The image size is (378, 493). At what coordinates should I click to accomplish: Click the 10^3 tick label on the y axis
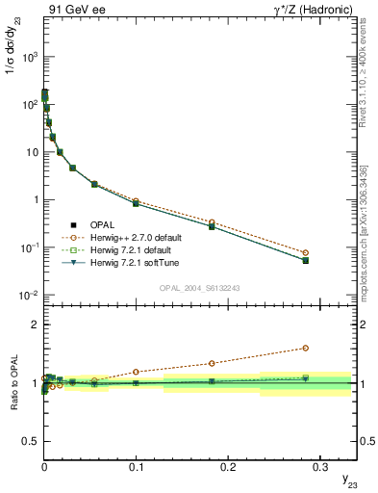click(x=28, y=57)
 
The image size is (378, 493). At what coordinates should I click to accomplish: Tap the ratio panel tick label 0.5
click(x=29, y=441)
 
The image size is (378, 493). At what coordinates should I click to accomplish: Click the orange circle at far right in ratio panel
click(x=305, y=349)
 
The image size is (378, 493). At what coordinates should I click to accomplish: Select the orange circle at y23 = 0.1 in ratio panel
click(x=136, y=372)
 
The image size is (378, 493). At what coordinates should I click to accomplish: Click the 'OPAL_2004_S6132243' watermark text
click(x=200, y=287)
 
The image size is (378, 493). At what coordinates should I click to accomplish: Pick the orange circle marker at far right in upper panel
click(x=305, y=253)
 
